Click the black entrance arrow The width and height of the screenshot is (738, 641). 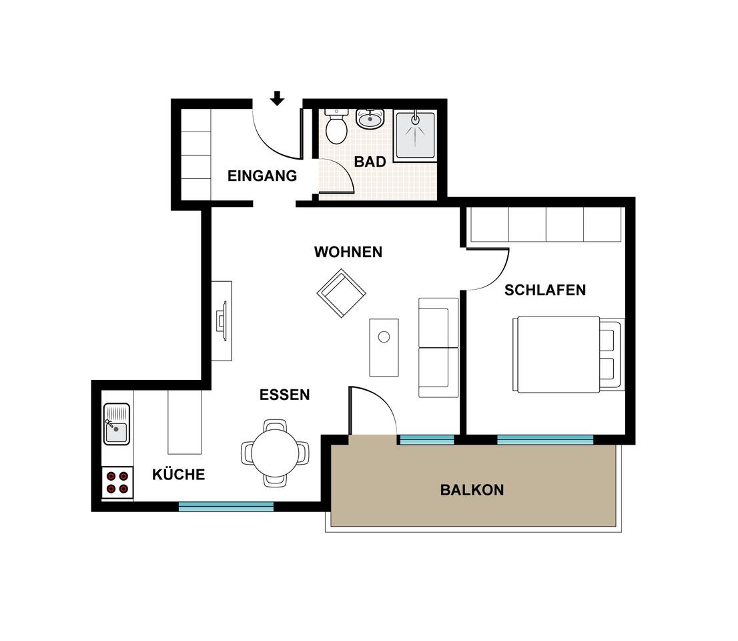[x=277, y=98]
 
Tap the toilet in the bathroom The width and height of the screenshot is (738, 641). [x=336, y=126]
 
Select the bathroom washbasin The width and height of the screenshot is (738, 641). [x=370, y=119]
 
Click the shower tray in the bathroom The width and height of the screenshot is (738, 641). [x=414, y=136]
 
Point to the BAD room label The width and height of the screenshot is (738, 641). [x=370, y=162]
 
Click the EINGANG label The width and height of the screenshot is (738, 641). [x=262, y=176]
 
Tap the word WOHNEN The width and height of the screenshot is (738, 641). [x=348, y=252]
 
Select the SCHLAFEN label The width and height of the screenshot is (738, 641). [x=545, y=290]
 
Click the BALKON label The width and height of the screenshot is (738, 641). [x=472, y=490]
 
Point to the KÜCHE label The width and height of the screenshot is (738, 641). [x=178, y=474]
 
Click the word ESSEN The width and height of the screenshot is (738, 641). [x=285, y=395]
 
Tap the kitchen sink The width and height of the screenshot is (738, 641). [x=117, y=424]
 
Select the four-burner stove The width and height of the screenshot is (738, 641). [x=117, y=483]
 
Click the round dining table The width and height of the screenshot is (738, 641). [x=275, y=453]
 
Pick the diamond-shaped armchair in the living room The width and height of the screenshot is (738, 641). [x=341, y=293]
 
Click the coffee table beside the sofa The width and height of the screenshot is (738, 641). [x=384, y=348]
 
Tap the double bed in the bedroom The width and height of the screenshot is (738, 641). [x=569, y=354]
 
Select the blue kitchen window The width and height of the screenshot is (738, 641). [x=226, y=507]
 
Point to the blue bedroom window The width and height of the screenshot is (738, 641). [x=545, y=440]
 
